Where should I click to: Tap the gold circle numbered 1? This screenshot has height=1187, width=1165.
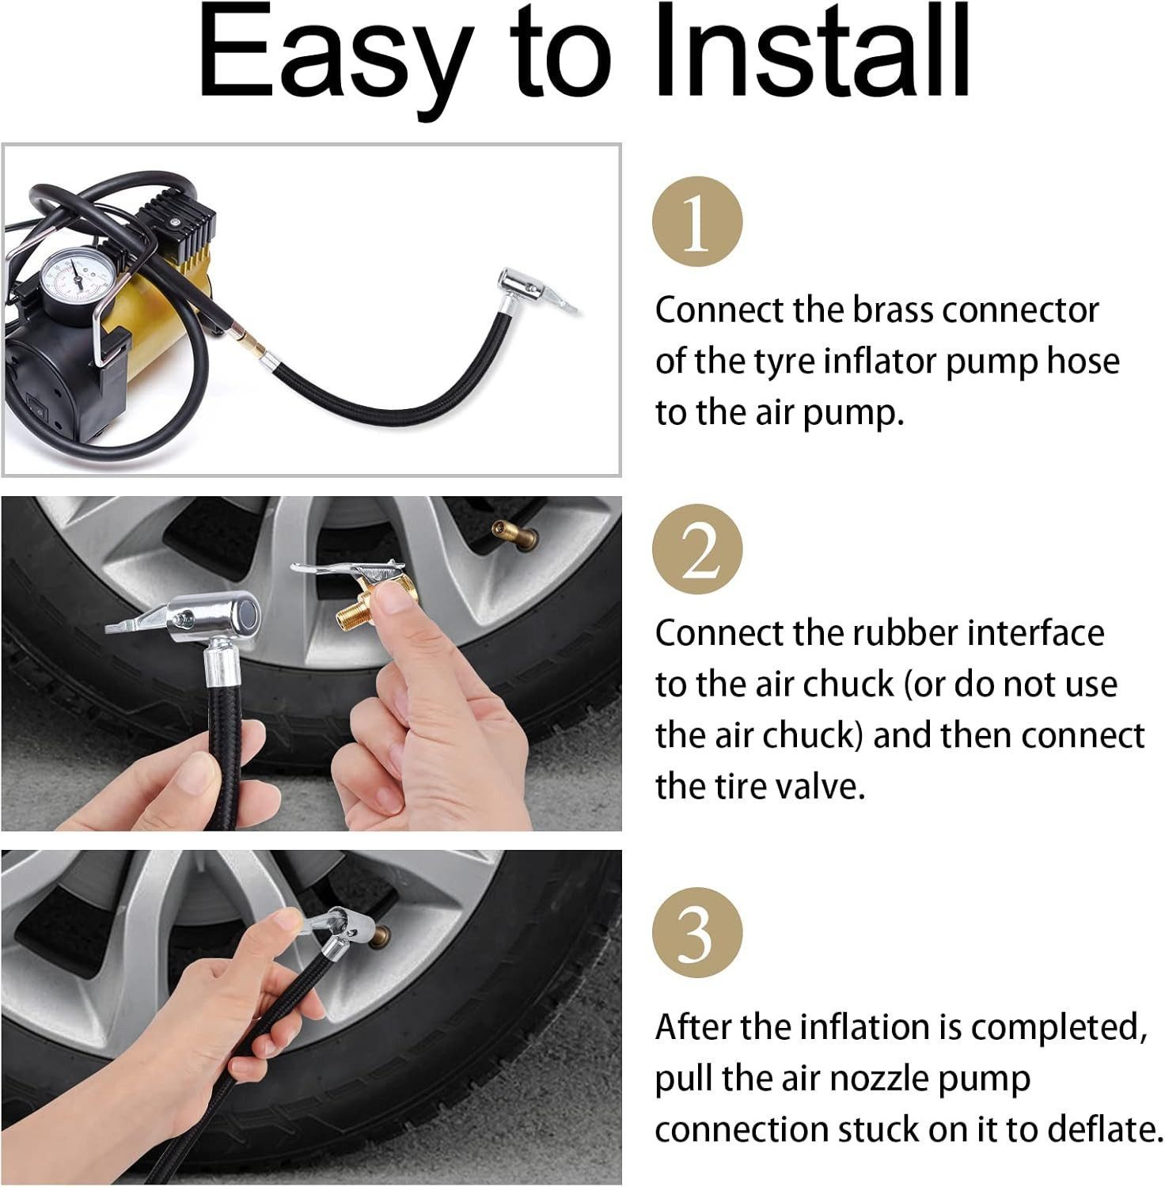pos(697,222)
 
